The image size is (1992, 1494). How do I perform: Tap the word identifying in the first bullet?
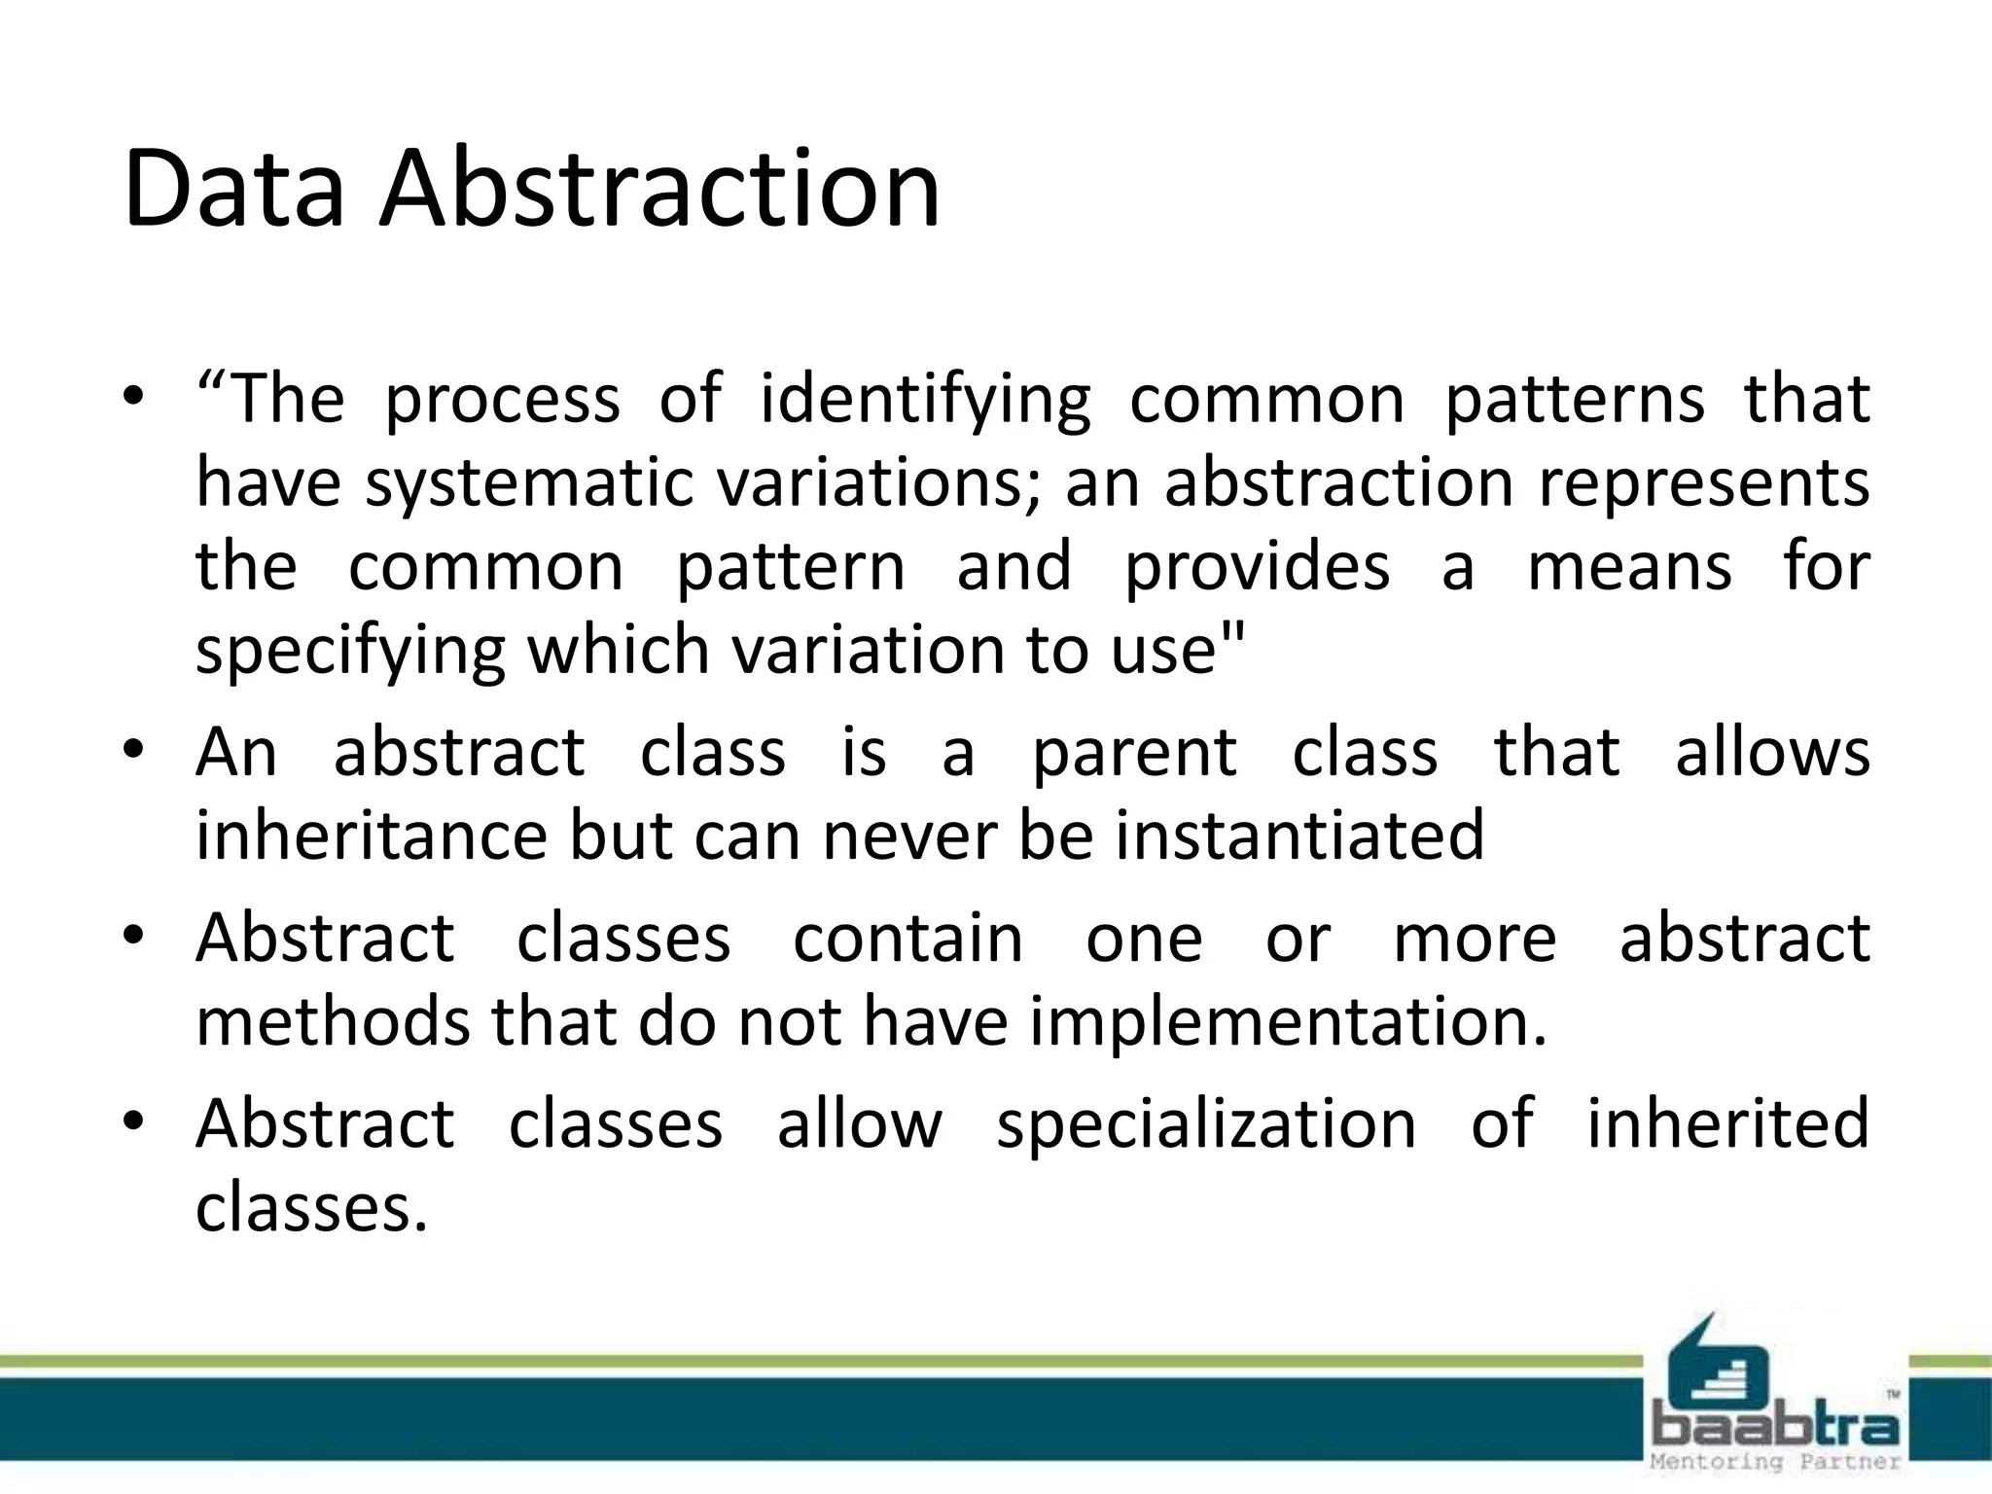click(924, 401)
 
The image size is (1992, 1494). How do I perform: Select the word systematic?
click(531, 484)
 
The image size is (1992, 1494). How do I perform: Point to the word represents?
click(1703, 484)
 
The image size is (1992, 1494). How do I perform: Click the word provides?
click(1257, 566)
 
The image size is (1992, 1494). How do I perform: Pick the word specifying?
click(350, 652)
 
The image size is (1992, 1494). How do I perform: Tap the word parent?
click(1134, 754)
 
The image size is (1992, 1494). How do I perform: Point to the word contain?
click(907, 939)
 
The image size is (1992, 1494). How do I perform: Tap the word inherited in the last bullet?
click(1727, 1123)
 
